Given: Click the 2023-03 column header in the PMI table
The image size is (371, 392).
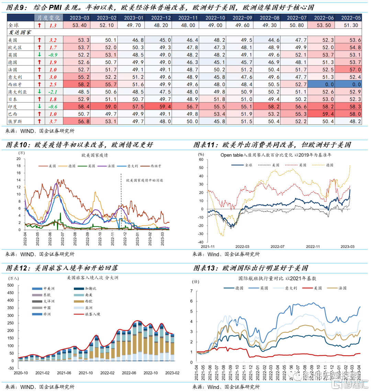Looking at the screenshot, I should pyautogui.click(x=79, y=18).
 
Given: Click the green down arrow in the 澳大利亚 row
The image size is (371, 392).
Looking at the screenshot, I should pyautogui.click(x=40, y=92).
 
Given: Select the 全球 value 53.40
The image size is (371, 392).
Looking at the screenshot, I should pyautogui.click(x=79, y=25).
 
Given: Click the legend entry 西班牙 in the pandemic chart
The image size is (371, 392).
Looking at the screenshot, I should pyautogui.click(x=156, y=166).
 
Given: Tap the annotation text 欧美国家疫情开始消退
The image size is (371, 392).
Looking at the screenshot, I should pyautogui.click(x=144, y=180).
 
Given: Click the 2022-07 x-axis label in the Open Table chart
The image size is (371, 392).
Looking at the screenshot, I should pyautogui.click(x=278, y=246).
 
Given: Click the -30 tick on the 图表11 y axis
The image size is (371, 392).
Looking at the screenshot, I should pyautogui.click(x=201, y=234).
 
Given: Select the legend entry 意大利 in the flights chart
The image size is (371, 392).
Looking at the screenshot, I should pyautogui.click(x=291, y=288).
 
